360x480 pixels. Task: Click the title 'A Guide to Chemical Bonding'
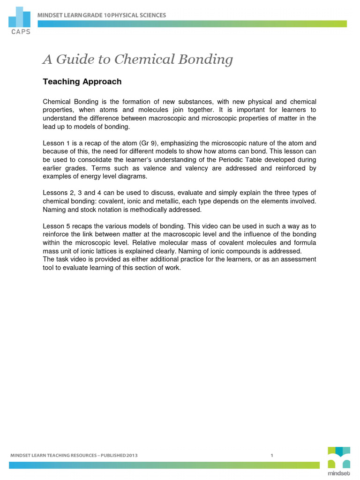click(x=137, y=60)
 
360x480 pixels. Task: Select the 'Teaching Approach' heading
click(x=82, y=82)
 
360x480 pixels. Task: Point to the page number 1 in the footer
click(x=272, y=455)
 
